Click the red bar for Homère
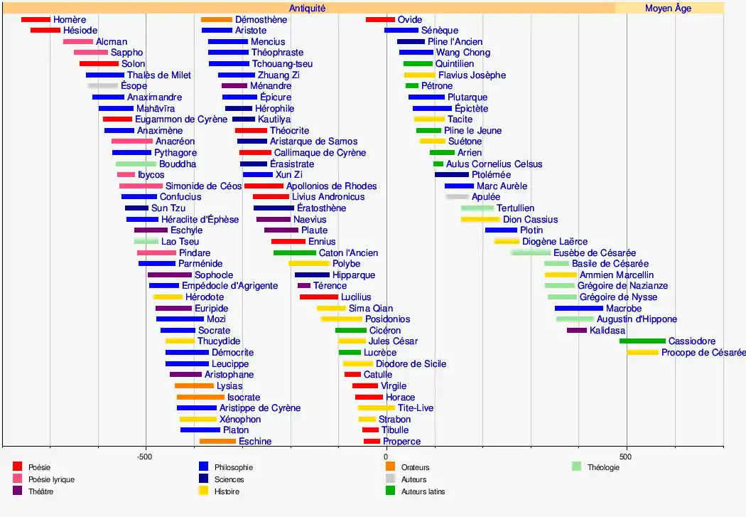click(36, 19)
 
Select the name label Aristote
click(250, 31)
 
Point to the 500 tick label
click(625, 455)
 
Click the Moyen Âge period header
click(668, 9)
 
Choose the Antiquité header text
click(308, 9)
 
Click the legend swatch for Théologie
click(576, 467)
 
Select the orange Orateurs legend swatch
click(390, 467)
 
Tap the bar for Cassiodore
click(642, 341)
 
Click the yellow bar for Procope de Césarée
click(642, 353)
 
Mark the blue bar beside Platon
click(200, 430)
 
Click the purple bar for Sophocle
click(170, 275)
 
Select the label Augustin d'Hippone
click(637, 319)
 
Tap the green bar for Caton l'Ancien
click(294, 252)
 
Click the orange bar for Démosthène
click(217, 19)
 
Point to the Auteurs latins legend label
click(423, 491)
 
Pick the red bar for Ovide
click(380, 19)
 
